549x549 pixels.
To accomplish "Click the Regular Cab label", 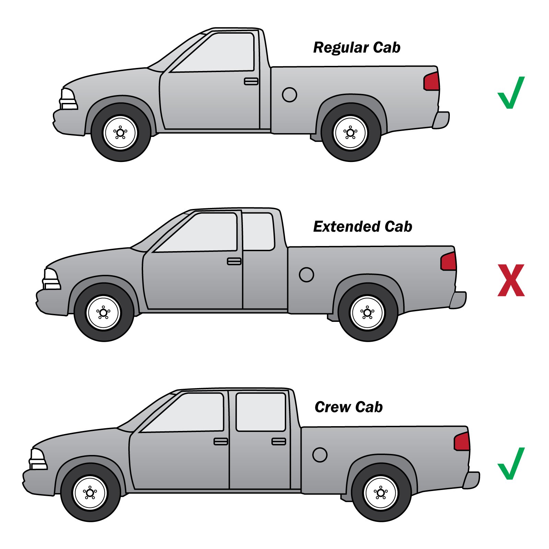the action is [x=357, y=48].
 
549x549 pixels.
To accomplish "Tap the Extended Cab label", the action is [x=363, y=227].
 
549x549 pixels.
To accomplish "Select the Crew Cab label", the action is [x=349, y=407].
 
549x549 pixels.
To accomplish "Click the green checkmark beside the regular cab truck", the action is [x=511, y=93].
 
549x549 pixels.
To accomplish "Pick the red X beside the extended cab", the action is [x=511, y=280].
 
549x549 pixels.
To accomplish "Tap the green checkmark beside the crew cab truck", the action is [x=511, y=464].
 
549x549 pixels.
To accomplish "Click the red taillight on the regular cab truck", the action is [x=432, y=82].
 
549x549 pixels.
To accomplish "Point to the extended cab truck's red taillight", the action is [x=449, y=261].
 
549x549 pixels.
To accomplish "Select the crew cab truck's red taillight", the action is [x=462, y=442].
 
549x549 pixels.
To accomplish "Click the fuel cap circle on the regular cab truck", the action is [x=290, y=95].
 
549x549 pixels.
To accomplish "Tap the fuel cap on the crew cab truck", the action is [x=320, y=455].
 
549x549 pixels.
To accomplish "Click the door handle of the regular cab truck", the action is [x=251, y=81].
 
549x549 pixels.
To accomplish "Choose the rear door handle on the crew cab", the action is [x=279, y=442].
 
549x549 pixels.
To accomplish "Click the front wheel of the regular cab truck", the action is [x=121, y=132].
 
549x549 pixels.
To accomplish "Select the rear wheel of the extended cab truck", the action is [x=368, y=313].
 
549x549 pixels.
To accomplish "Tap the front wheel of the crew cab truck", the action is [x=90, y=493].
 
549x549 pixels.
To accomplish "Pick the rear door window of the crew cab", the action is [x=261, y=412].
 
